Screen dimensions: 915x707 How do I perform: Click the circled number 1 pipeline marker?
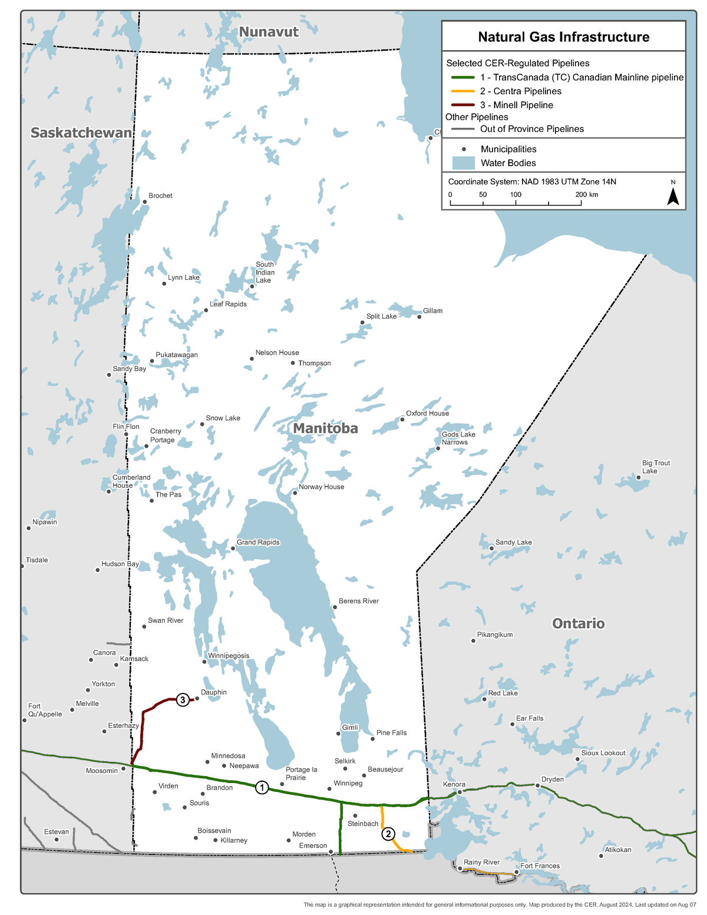coord(262,787)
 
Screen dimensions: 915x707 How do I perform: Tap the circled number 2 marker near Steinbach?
coord(388,834)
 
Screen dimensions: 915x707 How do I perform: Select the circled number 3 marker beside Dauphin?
coord(183,700)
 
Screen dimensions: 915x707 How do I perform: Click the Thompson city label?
coord(314,364)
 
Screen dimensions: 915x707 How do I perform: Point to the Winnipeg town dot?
coord(329,789)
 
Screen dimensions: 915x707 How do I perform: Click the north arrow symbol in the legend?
coord(673,197)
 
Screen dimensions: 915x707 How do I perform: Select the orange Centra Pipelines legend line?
coord(462,91)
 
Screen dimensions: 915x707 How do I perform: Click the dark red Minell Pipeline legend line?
coord(462,105)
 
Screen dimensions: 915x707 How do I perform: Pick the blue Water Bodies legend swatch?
coord(463,163)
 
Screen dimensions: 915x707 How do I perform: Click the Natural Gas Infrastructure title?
coord(563,37)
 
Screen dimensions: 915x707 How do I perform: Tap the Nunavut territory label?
coord(269,32)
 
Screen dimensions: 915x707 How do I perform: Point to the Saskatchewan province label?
coord(81,133)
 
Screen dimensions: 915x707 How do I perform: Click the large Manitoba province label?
coord(325,428)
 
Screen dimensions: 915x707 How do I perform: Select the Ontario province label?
coord(578,623)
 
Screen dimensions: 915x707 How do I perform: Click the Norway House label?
coord(321,487)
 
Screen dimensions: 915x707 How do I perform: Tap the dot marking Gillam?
coord(419,317)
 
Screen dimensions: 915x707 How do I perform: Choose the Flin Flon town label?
coord(126,427)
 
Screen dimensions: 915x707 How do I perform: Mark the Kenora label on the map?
coord(454,784)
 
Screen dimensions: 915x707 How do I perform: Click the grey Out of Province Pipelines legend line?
coord(462,129)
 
